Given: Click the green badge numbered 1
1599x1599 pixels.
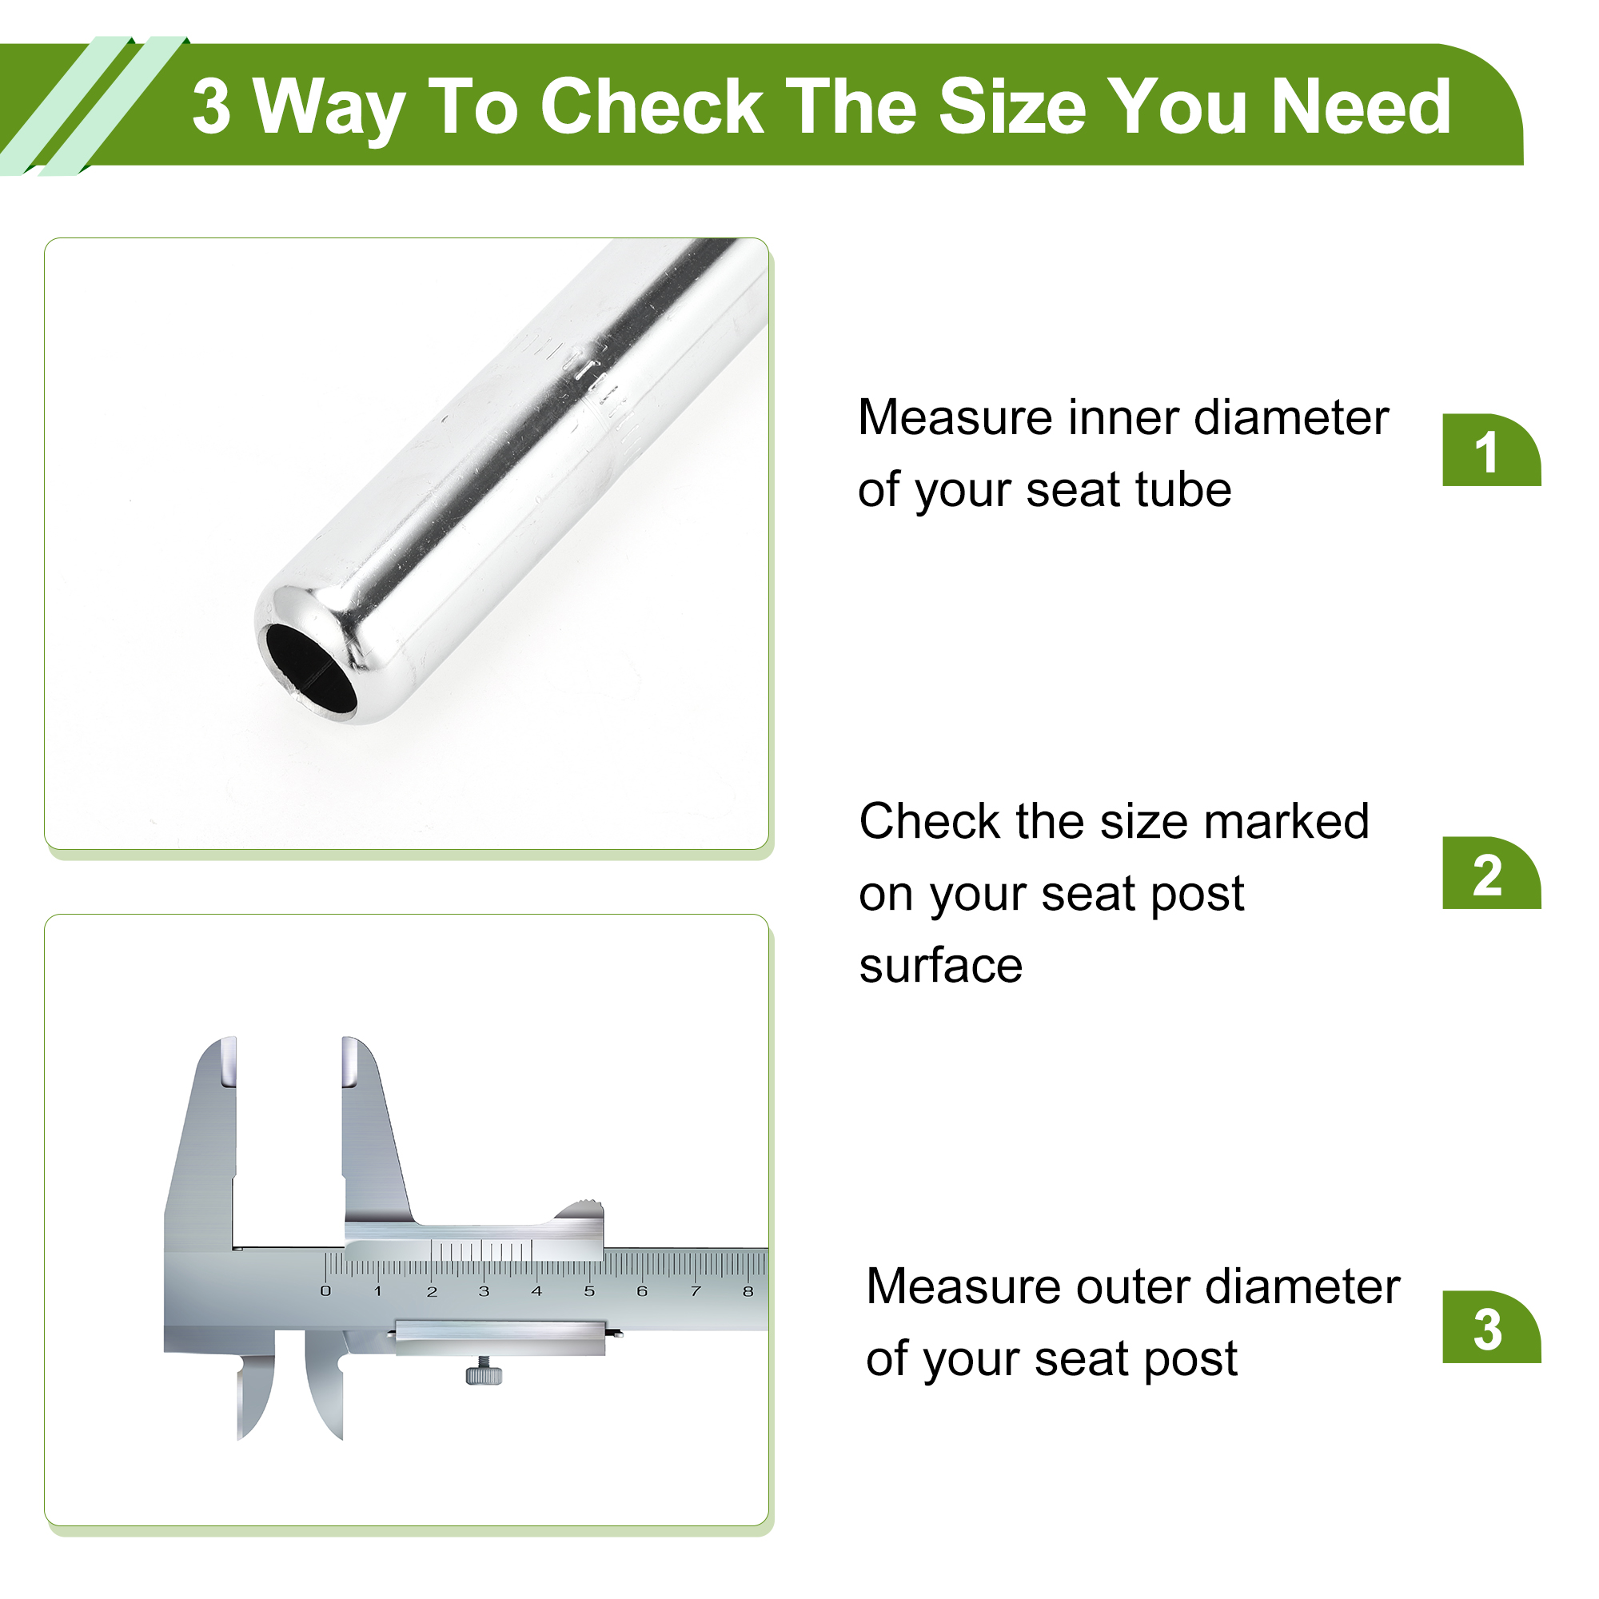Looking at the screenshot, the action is [1490, 449].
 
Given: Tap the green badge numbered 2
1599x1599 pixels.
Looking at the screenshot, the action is [1490, 872].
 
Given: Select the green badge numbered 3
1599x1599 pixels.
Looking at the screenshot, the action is [1490, 1326].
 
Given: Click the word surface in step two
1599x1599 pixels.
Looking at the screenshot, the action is [941, 966].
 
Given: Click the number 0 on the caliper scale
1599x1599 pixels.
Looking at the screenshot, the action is [325, 1291].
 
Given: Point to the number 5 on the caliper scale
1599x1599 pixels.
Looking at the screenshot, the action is [589, 1291].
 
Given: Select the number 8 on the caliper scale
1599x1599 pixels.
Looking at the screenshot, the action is [748, 1291].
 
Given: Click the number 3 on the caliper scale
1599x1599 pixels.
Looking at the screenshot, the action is [484, 1291].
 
